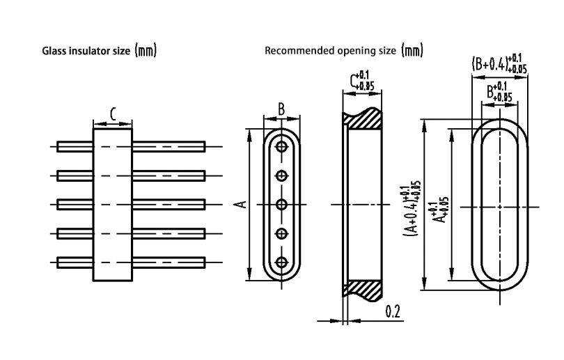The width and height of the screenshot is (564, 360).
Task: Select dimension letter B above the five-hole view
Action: (281, 109)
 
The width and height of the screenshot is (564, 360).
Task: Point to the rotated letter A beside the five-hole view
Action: (240, 204)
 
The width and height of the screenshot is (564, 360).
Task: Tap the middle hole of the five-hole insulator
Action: (281, 204)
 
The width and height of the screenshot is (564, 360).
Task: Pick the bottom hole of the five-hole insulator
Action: (281, 262)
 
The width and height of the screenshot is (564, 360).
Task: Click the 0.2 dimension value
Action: (393, 311)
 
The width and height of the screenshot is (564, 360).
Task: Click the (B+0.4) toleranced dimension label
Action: (498, 64)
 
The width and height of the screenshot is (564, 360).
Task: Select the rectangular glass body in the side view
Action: (113, 204)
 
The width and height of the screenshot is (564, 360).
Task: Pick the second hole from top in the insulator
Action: (281, 175)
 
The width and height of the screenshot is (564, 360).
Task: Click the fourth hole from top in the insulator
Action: (281, 233)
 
